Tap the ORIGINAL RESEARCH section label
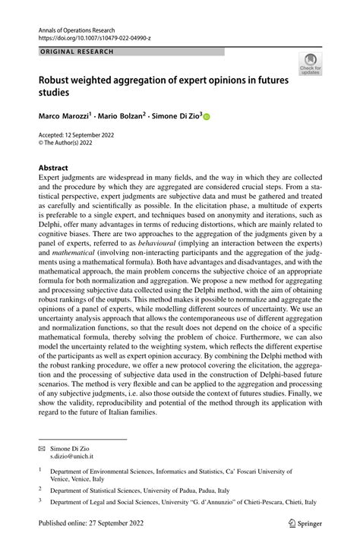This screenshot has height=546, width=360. (x=76, y=52)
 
